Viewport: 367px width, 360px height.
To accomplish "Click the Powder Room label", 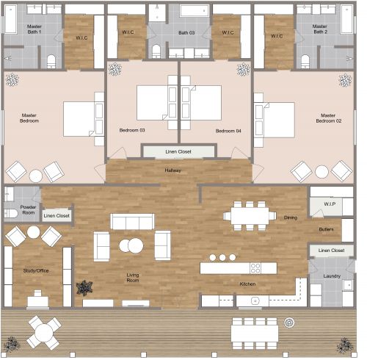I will (x=29, y=210).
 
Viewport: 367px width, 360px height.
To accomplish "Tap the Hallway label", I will (x=172, y=170).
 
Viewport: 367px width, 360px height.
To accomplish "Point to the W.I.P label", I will (x=330, y=204).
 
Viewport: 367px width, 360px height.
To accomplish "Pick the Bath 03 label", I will (x=186, y=33).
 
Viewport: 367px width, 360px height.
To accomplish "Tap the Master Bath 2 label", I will (x=320, y=29).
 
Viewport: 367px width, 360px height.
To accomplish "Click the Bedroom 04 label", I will (x=228, y=131).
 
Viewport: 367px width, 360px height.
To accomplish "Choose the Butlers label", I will (x=326, y=230).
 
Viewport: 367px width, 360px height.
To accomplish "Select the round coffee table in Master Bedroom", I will (x=35, y=175).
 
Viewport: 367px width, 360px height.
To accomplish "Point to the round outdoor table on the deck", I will (x=43, y=331).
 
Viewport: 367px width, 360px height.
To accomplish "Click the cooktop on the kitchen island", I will (x=255, y=268).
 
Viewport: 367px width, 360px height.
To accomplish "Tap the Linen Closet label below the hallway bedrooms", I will (x=178, y=153).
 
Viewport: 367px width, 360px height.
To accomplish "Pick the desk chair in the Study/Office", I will (x=35, y=299).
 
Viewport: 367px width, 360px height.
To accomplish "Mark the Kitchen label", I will (x=248, y=284).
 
